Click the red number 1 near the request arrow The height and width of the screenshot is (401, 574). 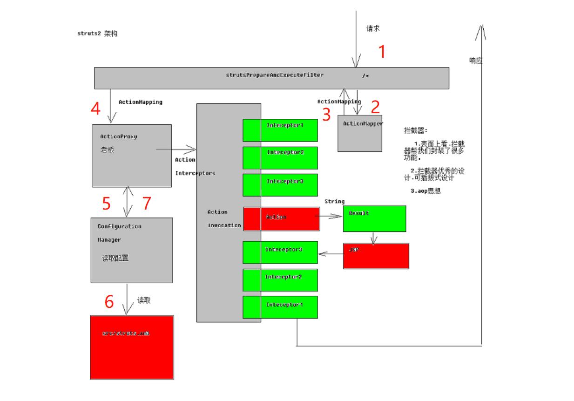(x=382, y=51)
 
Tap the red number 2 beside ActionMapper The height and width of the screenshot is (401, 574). (x=375, y=107)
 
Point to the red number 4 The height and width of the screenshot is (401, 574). (x=95, y=109)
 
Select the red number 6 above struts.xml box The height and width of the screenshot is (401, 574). (x=109, y=302)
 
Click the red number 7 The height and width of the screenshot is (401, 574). (x=147, y=204)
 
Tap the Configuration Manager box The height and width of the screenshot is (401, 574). (x=132, y=250)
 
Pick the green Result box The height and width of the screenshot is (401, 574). (x=374, y=218)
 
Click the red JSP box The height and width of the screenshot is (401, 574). (x=376, y=256)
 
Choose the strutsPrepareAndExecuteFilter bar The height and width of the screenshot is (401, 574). (x=271, y=78)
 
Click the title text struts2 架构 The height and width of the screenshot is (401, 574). (x=97, y=34)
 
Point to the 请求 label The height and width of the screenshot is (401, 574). (x=373, y=28)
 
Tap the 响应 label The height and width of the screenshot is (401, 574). (x=476, y=60)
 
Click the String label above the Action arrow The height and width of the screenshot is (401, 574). (x=334, y=201)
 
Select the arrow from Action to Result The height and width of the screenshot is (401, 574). (x=331, y=217)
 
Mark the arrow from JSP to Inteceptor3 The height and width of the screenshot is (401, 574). (x=331, y=254)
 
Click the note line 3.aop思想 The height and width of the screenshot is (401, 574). (x=425, y=190)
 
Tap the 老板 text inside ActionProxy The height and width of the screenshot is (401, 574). (x=107, y=150)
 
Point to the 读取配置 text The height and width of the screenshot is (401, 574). (x=115, y=258)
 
